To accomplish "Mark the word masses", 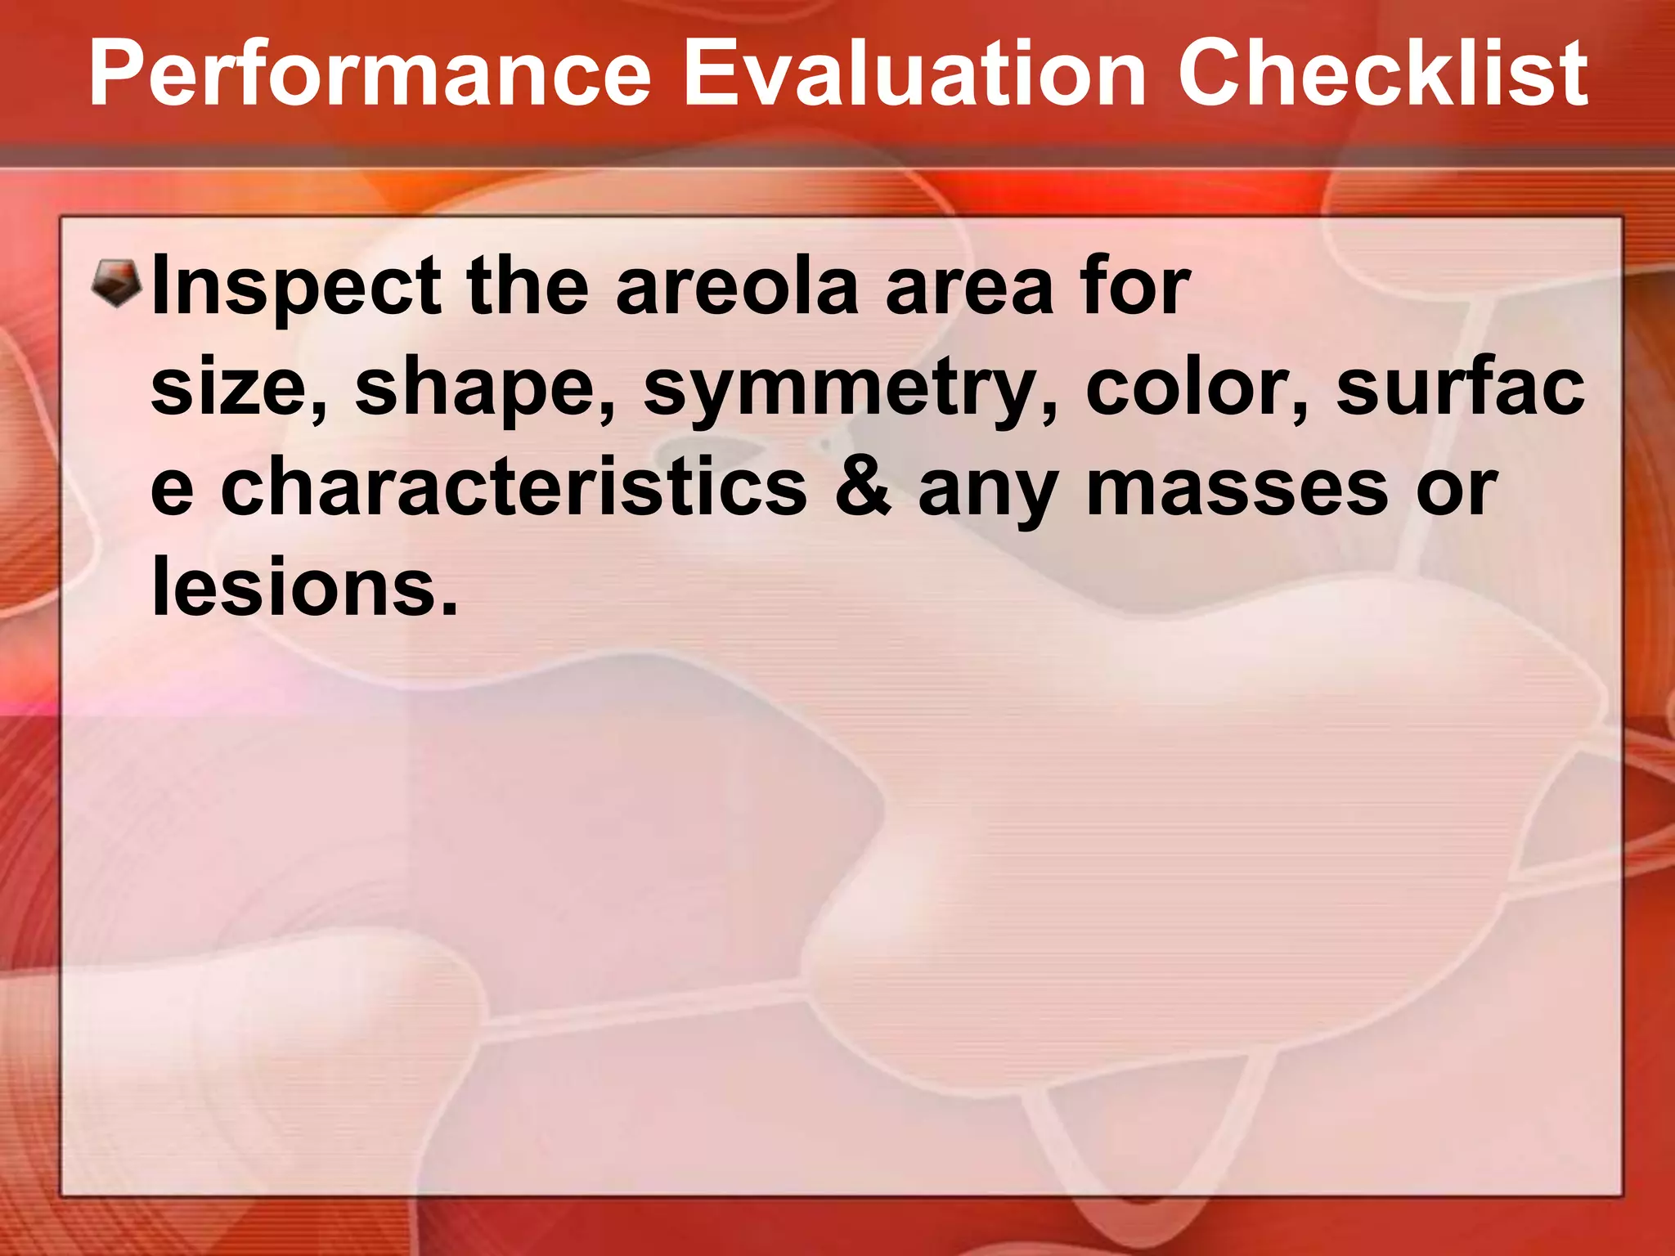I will (1236, 490).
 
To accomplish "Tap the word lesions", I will (304, 587).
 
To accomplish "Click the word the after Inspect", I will (527, 286).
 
